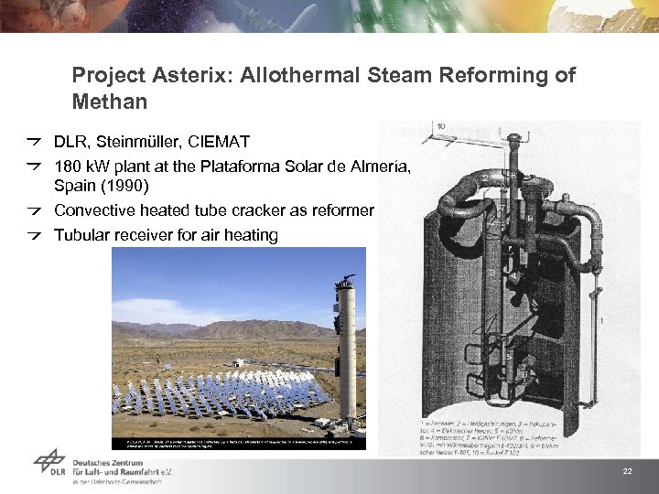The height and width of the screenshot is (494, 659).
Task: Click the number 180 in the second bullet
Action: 69,166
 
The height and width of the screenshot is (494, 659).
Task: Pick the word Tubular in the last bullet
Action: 81,235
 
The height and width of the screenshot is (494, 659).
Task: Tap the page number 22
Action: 627,471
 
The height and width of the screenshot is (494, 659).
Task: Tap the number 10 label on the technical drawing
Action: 441,126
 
